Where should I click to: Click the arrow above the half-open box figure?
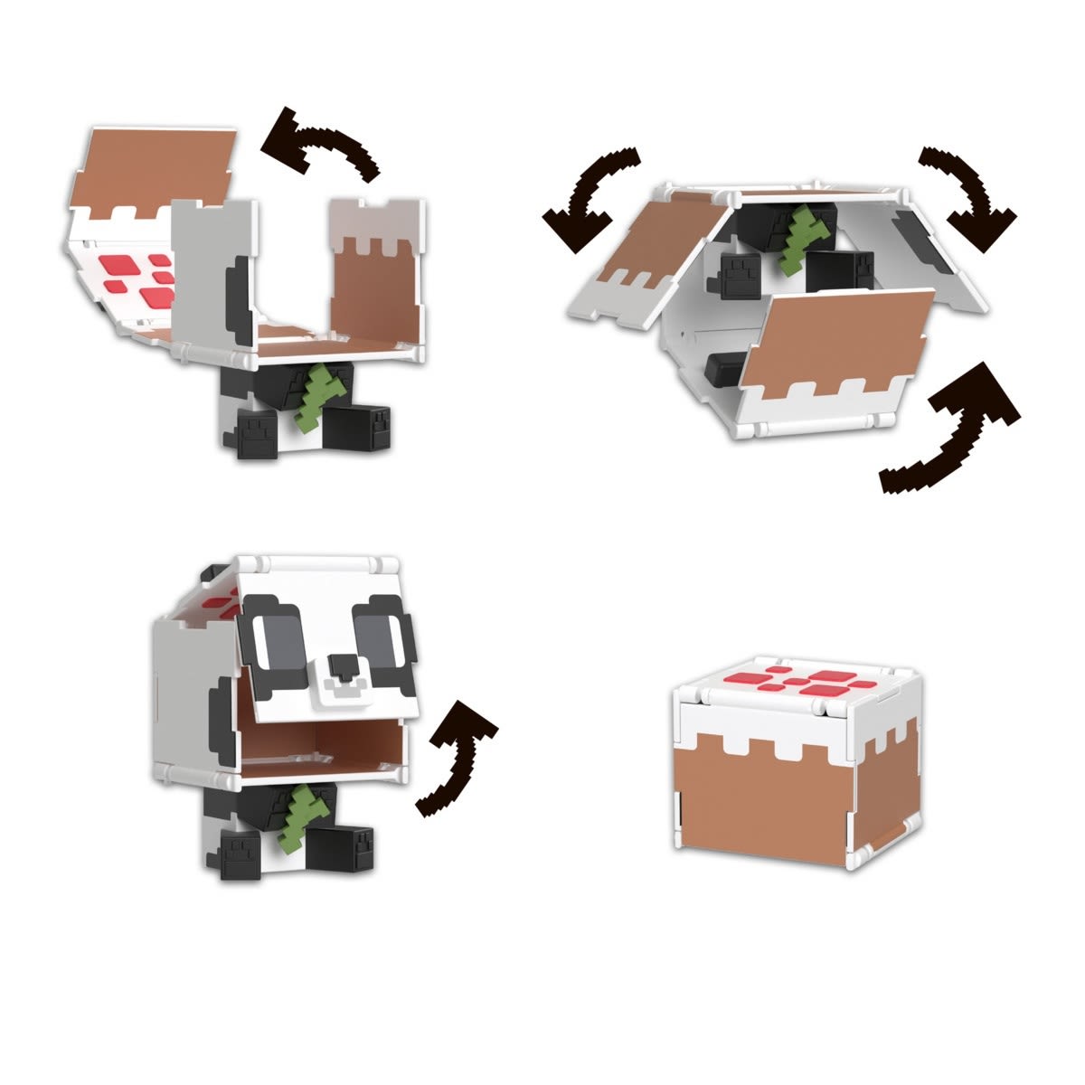tap(321, 146)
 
